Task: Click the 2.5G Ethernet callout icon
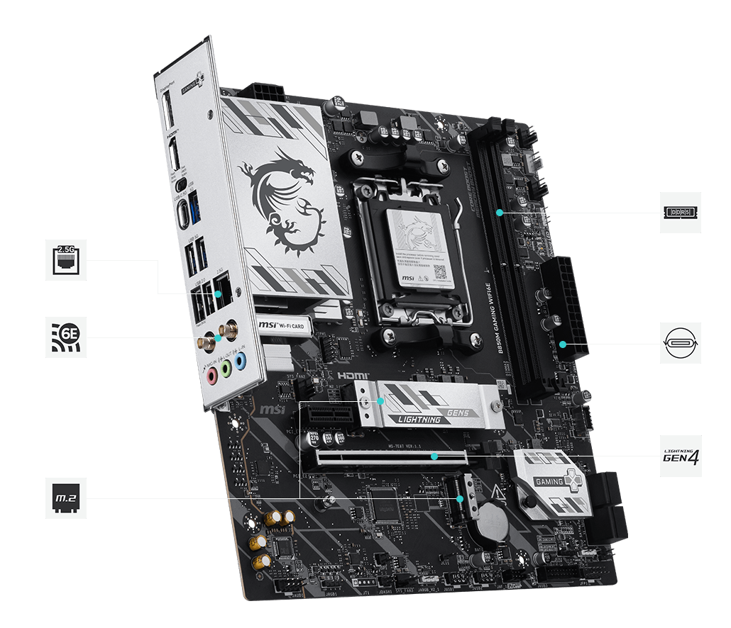(65, 260)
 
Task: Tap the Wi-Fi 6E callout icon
(65, 337)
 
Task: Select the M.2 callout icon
(65, 498)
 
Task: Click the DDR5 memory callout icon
(680, 212)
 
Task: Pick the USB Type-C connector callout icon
(680, 344)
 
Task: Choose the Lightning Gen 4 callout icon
(680, 456)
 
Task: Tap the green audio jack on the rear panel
(226, 369)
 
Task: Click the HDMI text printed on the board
(352, 374)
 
